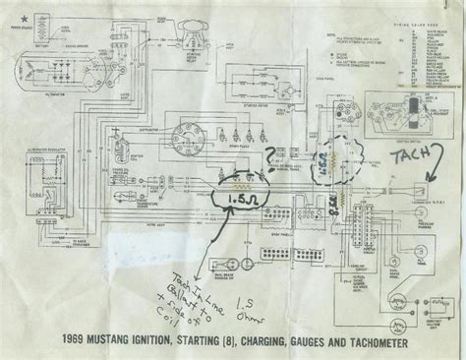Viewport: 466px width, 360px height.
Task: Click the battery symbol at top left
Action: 44,39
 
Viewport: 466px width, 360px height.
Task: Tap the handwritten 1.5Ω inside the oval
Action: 238,199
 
